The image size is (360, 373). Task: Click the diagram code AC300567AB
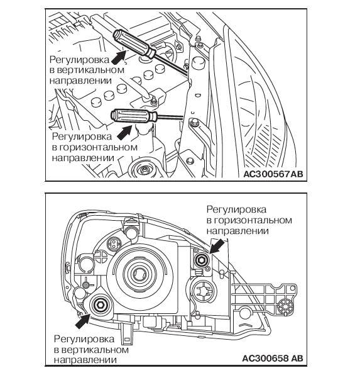[273, 174]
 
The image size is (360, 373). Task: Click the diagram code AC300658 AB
[273, 358]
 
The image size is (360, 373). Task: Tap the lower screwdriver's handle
[134, 116]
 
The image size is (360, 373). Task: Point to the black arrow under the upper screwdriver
[118, 57]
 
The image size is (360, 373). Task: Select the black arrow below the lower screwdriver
[125, 132]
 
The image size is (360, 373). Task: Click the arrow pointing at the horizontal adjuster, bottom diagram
[217, 246]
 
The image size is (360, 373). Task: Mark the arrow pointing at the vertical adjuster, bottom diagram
[82, 321]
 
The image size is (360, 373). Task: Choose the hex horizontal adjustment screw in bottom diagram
[201, 260]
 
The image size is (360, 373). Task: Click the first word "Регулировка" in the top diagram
[80, 60]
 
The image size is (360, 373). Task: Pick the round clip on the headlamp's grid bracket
[285, 306]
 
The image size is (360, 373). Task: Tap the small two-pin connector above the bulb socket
[115, 243]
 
